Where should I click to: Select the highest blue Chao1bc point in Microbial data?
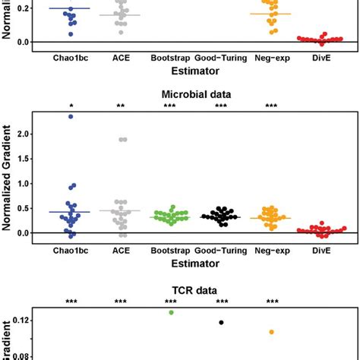(x=71, y=116)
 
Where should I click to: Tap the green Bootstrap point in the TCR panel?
(x=171, y=312)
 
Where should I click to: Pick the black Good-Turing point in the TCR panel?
(x=221, y=322)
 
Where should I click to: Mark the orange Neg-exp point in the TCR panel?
(x=271, y=332)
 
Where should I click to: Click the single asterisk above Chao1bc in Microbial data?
(x=71, y=106)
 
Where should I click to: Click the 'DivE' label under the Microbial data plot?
(x=321, y=248)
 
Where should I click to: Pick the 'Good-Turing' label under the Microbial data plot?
(x=221, y=248)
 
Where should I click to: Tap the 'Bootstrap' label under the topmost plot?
(x=171, y=57)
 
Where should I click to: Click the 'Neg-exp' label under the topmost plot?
(x=271, y=57)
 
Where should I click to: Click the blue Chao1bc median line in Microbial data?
(x=71, y=212)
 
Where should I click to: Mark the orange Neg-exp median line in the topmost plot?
(x=271, y=14)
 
